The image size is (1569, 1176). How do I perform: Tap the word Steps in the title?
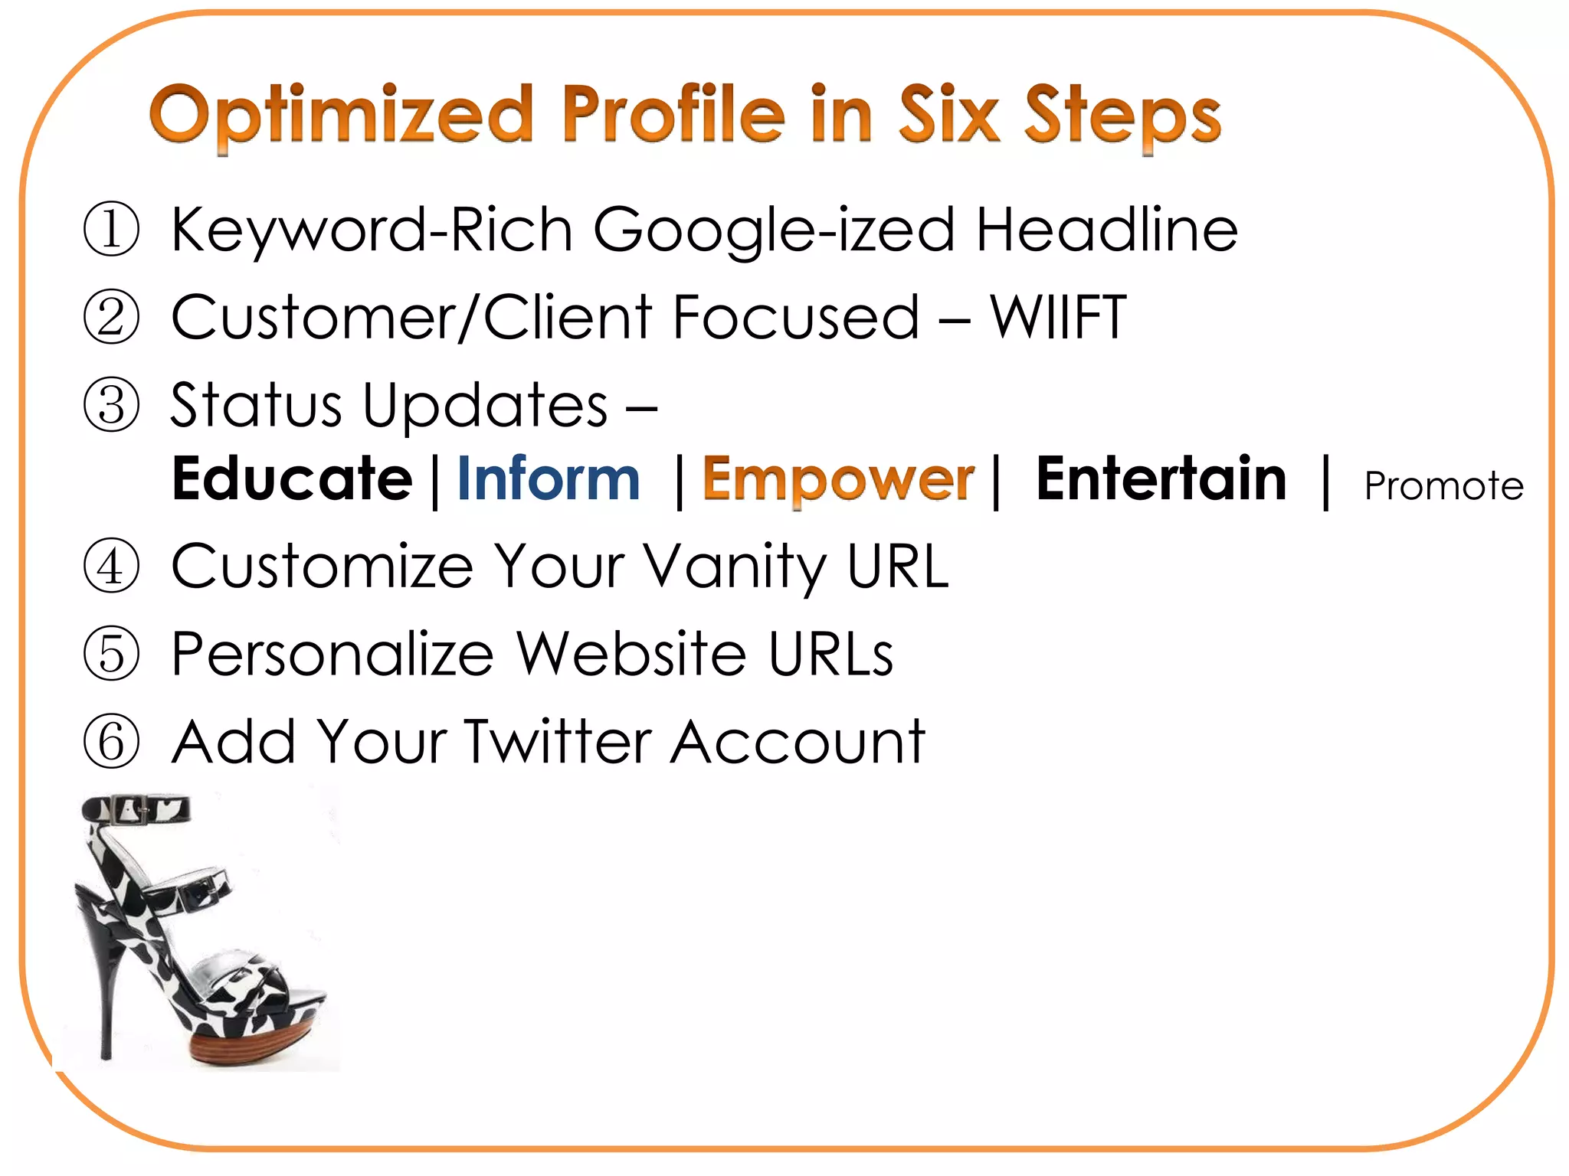tap(1122, 116)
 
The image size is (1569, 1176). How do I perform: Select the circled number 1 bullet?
tap(112, 229)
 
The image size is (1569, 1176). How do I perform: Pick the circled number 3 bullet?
tap(112, 405)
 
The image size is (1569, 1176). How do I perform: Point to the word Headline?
tap(1106, 229)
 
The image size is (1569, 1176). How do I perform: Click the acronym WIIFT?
tap(1058, 317)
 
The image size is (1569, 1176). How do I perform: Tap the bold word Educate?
tap(292, 479)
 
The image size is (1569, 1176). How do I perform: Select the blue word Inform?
tap(549, 479)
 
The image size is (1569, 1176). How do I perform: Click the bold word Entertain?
tap(1161, 479)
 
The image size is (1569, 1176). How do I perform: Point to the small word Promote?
tap(1443, 486)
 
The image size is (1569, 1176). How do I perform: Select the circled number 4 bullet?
tap(112, 567)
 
